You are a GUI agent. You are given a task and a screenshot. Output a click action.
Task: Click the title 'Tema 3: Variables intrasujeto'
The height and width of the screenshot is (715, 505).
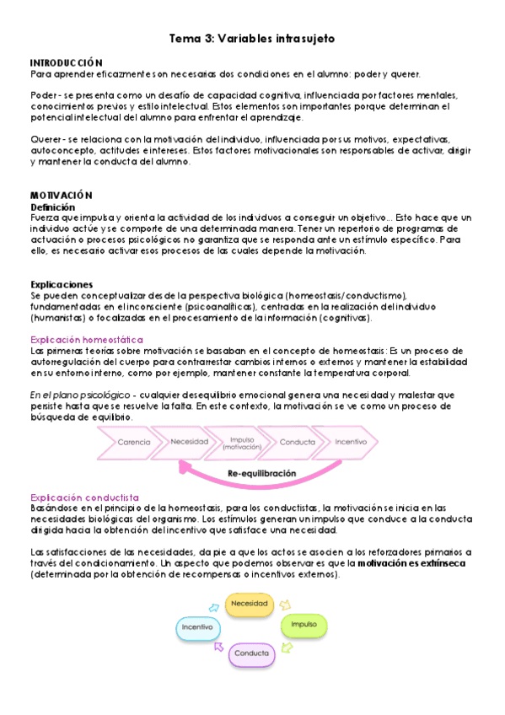254,39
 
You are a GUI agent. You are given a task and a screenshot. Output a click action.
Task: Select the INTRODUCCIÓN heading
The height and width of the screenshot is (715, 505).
66,63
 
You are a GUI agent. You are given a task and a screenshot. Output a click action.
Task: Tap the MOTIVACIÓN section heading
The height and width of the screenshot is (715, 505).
61,195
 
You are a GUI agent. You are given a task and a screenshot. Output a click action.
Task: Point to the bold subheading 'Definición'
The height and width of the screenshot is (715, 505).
52,207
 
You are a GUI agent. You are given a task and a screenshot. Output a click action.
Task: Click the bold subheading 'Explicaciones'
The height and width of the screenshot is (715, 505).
62,284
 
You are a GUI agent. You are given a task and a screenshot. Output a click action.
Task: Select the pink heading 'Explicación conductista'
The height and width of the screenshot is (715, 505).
84,498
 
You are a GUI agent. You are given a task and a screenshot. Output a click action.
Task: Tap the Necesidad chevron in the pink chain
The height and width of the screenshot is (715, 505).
190,442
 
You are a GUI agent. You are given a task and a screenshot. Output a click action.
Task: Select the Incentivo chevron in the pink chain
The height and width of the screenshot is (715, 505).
351,442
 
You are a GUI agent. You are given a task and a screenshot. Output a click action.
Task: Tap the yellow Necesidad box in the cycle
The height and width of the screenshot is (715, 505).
250,604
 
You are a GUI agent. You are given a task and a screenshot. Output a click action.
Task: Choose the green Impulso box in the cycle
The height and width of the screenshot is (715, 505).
304,625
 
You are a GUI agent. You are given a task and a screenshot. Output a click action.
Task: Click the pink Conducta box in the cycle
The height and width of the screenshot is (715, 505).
252,653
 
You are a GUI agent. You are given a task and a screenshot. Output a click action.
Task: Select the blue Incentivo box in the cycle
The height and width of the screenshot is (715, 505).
197,626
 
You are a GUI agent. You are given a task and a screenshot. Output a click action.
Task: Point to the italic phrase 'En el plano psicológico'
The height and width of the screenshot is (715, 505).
77,395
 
